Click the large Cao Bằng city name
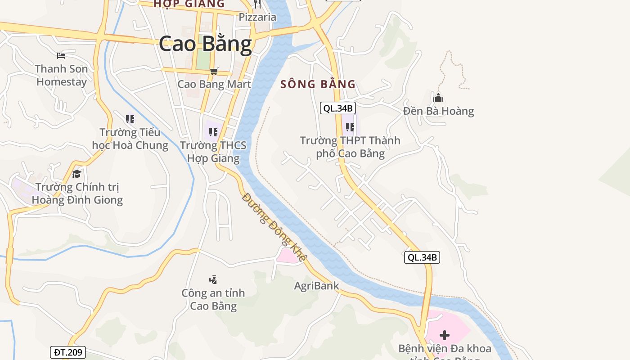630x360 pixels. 205,44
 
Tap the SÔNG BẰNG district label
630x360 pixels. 318,84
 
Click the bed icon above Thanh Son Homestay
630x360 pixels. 61,56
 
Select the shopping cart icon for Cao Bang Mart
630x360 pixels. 214,71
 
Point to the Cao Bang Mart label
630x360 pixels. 214,84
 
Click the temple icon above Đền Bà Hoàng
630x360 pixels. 438,97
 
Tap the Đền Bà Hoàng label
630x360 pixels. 438,111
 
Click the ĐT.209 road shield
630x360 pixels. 67,352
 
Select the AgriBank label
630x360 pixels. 316,286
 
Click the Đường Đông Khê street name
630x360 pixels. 274,227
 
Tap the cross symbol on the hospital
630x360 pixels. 445,335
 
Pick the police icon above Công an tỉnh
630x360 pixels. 213,279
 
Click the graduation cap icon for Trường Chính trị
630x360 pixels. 77,174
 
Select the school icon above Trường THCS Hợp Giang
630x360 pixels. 213,132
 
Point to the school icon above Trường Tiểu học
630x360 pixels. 130,119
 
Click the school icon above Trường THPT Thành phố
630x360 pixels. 350,127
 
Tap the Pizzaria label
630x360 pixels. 257,17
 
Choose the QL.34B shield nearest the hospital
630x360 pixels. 422,257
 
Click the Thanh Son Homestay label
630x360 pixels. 61,75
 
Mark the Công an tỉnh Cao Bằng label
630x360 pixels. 213,299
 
